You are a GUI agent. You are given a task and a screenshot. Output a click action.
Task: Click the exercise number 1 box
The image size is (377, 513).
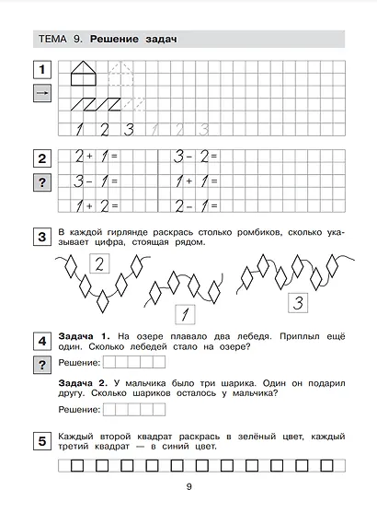[40, 69]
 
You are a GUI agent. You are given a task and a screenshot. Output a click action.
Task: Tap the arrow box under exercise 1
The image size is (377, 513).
[40, 94]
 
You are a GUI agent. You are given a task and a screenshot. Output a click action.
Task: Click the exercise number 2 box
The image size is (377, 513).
[40, 157]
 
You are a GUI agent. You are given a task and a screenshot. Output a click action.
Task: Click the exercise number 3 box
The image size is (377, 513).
[40, 238]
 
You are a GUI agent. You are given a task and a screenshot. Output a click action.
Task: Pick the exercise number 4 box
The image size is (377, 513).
[40, 342]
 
